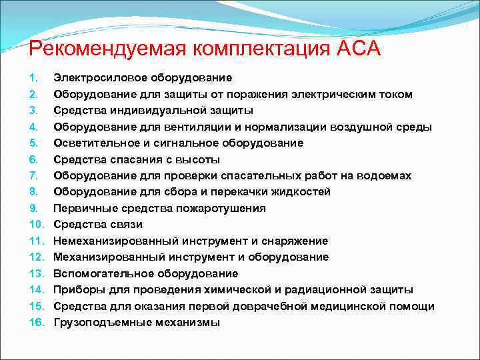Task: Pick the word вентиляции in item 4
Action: [x=203, y=127]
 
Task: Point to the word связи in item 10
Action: [x=125, y=224]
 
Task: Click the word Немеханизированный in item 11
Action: [x=111, y=241]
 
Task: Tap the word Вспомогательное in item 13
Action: [x=97, y=273]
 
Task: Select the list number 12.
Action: [x=37, y=257]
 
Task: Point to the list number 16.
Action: [x=37, y=322]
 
